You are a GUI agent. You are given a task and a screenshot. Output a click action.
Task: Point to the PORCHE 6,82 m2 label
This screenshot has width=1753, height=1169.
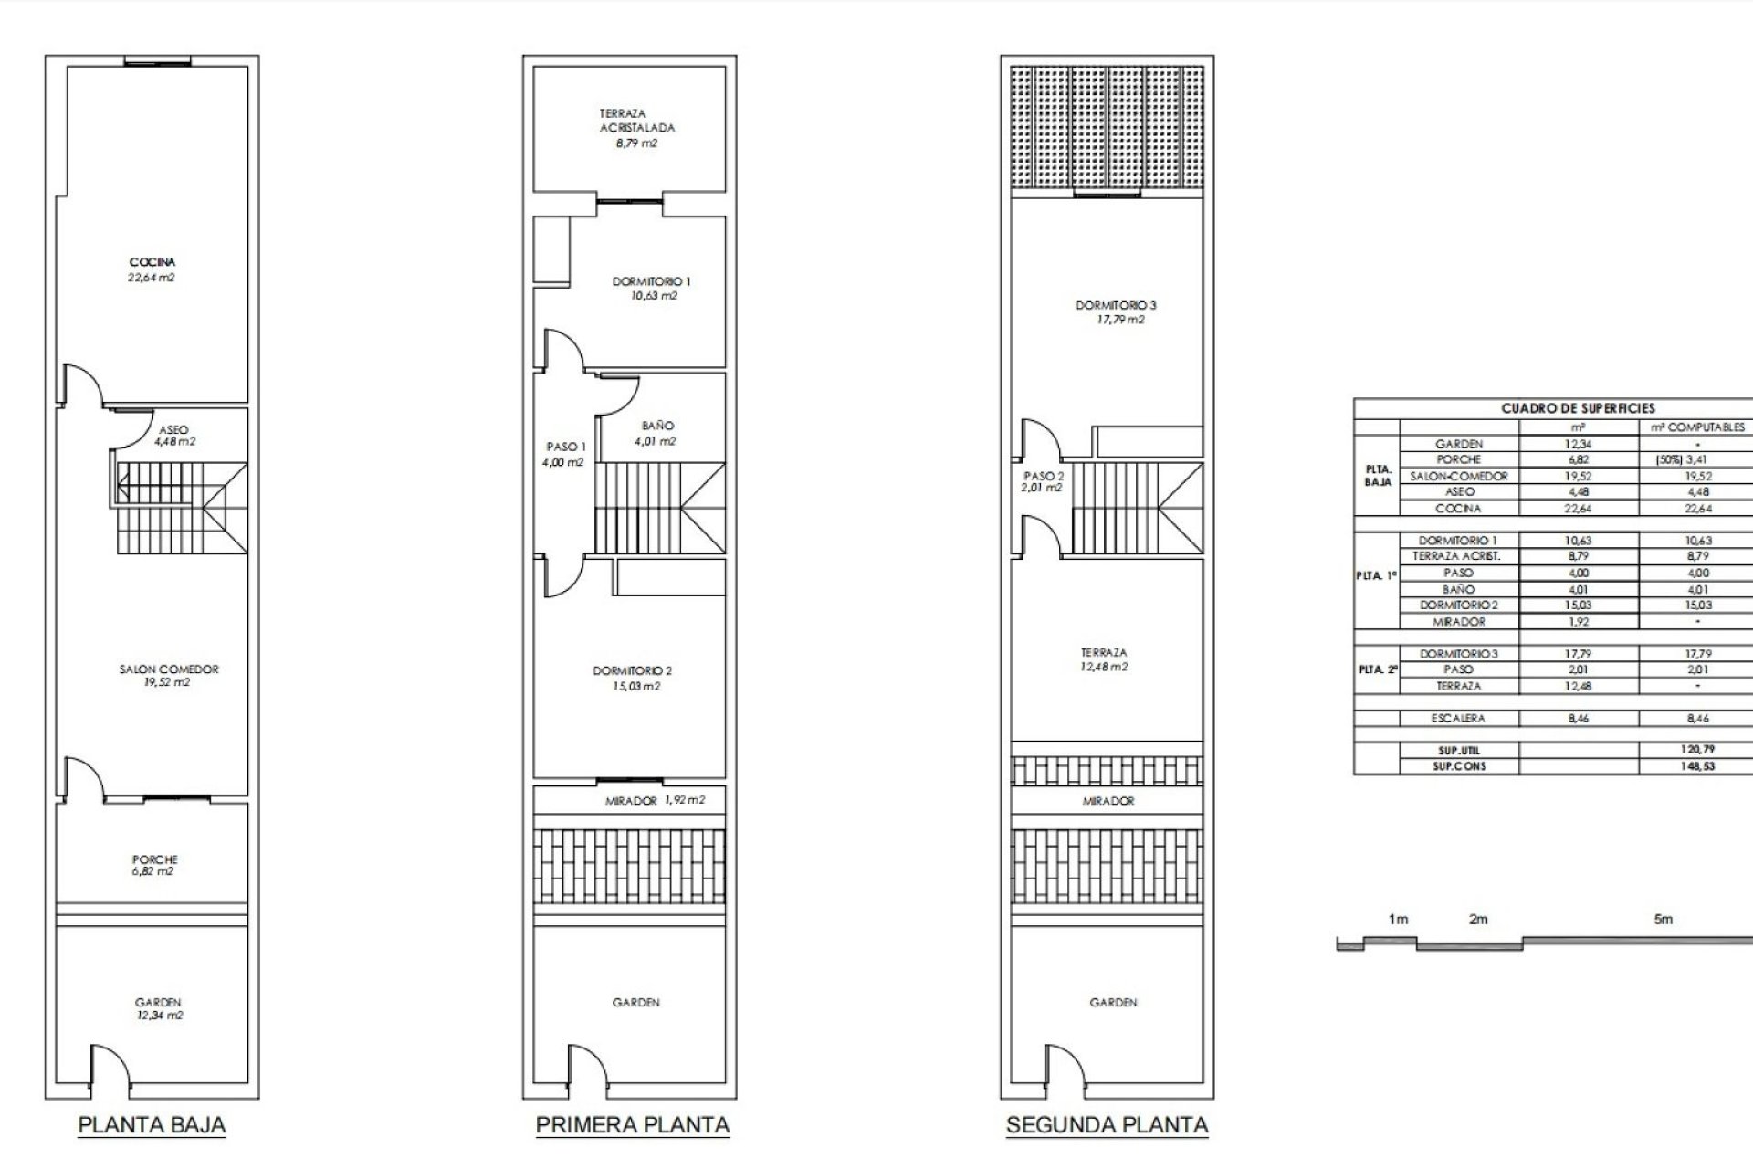tap(154, 865)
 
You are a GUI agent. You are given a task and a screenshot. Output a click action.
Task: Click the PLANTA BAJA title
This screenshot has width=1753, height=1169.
tap(152, 1124)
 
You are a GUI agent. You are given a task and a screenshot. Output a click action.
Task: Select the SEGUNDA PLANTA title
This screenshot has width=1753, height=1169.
tap(1107, 1124)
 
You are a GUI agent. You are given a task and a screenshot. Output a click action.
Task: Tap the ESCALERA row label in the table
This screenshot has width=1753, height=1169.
tap(1458, 719)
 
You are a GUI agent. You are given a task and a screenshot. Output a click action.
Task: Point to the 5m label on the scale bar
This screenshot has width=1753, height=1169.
tap(1664, 920)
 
